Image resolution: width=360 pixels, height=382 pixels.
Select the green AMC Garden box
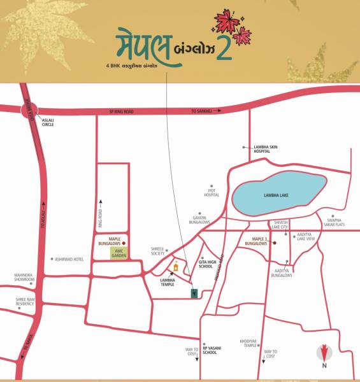[x=117, y=253]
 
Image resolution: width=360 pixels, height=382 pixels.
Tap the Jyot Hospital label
[x=211, y=193]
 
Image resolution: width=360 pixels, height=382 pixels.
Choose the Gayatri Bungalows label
[x=199, y=220]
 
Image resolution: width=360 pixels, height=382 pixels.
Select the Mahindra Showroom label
[x=27, y=278]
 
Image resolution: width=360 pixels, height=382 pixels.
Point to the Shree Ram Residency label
[x=26, y=302]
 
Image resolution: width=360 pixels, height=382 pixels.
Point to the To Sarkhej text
[x=202, y=111]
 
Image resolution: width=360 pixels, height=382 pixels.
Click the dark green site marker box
[x=194, y=293]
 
